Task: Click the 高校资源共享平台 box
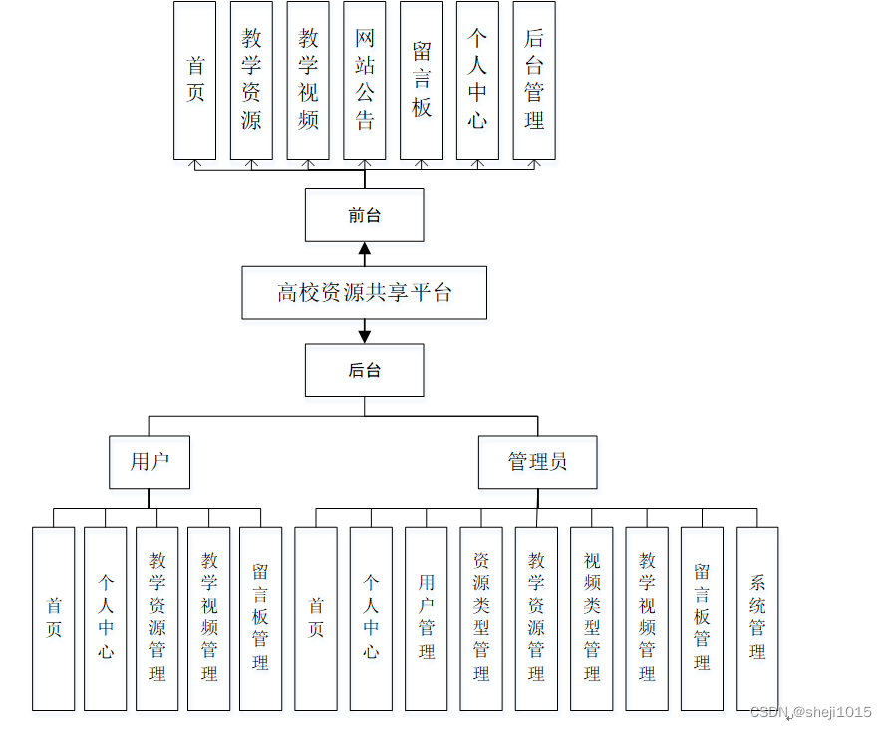point(364,292)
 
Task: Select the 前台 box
point(364,215)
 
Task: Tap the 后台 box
point(364,370)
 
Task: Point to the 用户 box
point(149,462)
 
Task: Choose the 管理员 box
point(537,462)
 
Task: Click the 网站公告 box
point(365,80)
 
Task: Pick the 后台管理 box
point(534,80)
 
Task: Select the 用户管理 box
point(427,618)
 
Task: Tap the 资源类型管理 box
point(481,618)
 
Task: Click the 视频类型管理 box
point(592,618)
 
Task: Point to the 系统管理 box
point(757,618)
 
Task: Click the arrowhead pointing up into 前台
point(365,248)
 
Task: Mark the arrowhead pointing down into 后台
point(365,337)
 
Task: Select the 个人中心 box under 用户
point(106,618)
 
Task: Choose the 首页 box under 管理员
point(316,618)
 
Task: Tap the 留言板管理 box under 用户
point(260,618)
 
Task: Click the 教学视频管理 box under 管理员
point(647,618)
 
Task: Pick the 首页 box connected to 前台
point(195,80)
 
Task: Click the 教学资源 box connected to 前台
point(251,80)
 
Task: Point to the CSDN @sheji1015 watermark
point(810,712)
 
